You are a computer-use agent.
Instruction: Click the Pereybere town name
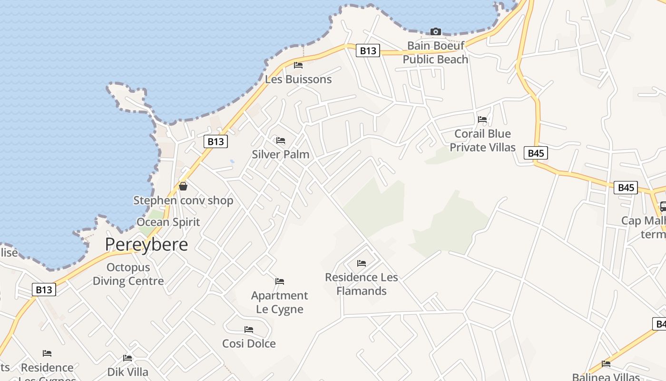[146, 244]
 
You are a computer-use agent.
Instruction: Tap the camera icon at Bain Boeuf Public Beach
[435, 32]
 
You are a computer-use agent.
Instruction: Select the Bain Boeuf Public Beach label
[435, 52]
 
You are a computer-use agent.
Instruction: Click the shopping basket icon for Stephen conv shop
[183, 186]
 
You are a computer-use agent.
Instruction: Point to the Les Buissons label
[298, 79]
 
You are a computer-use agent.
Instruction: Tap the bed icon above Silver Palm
[281, 140]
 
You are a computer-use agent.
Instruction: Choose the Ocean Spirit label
[168, 222]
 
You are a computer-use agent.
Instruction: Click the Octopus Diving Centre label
[128, 274]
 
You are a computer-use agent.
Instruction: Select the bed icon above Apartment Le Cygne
[280, 281]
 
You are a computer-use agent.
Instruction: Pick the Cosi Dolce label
[249, 343]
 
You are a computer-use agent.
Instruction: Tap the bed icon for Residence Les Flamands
[362, 263]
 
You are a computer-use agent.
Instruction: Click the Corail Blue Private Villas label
[482, 140]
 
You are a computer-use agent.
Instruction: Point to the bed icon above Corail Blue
[482, 120]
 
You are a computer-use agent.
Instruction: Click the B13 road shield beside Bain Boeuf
[368, 50]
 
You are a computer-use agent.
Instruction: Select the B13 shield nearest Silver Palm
[215, 141]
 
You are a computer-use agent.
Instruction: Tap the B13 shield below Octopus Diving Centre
[44, 290]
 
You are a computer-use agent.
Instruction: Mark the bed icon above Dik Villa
[127, 358]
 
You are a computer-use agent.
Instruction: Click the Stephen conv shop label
[183, 200]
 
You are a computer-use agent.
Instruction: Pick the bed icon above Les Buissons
[298, 65]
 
